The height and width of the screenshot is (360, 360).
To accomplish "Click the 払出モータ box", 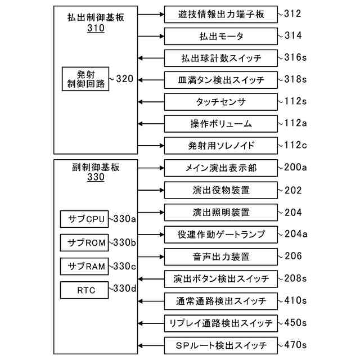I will click(221, 37).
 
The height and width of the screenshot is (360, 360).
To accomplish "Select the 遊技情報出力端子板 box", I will click(221, 15).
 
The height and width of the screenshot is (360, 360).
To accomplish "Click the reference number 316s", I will click(295, 57).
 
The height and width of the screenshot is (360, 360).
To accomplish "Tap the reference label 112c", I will click(295, 145).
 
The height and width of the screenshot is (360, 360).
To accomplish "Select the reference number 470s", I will click(295, 344).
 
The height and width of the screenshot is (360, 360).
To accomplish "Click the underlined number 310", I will click(96, 28).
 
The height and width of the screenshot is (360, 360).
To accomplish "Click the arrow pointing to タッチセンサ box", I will click(151, 102).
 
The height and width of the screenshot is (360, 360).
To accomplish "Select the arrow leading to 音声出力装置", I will click(151, 256).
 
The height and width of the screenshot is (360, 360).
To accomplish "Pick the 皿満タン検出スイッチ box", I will click(221, 80).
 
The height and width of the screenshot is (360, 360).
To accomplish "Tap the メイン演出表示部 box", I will click(221, 168).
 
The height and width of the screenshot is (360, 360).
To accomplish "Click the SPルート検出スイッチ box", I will click(221, 345).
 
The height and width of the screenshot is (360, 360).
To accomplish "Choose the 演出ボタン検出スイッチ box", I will click(221, 278).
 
